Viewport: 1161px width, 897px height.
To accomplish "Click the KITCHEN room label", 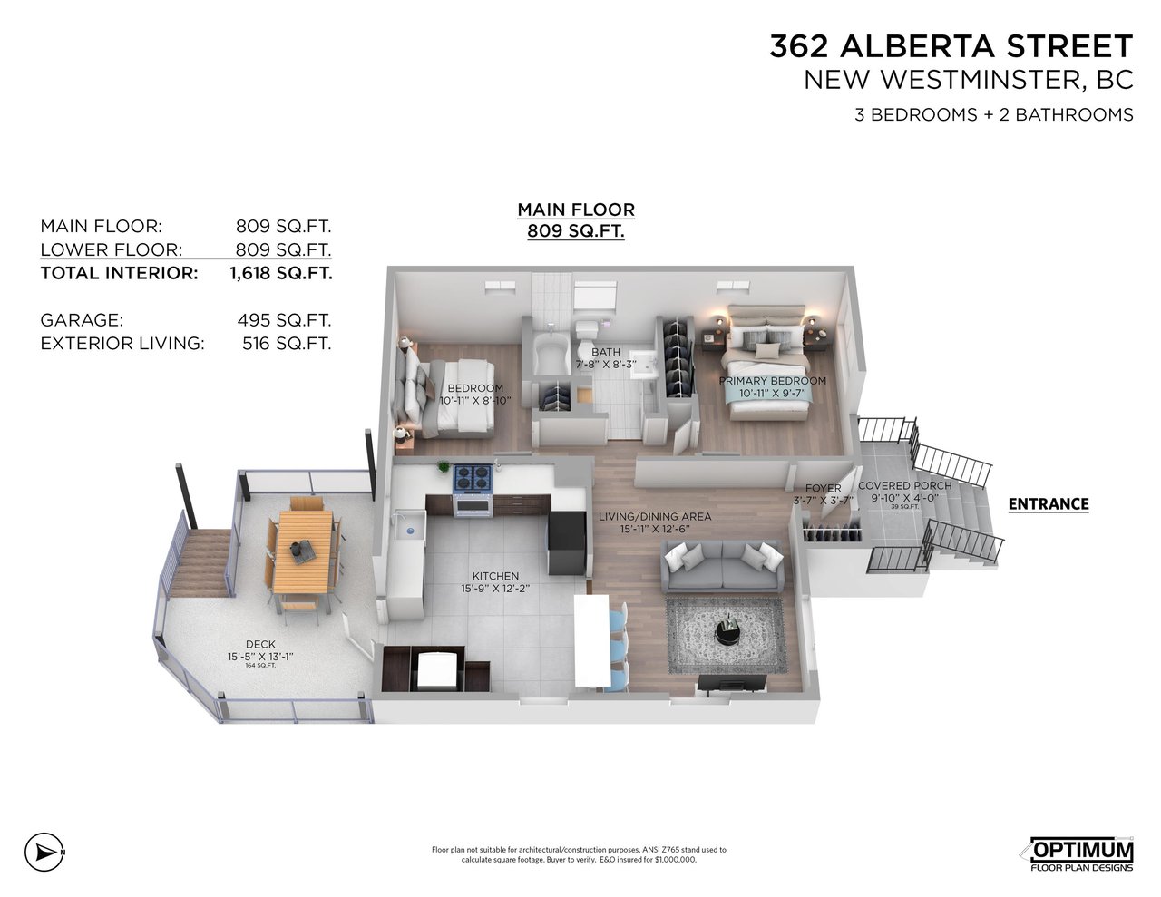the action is (x=495, y=576).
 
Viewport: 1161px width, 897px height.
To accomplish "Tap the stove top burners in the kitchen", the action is (x=473, y=478).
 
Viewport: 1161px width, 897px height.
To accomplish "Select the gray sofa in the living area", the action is (x=722, y=565).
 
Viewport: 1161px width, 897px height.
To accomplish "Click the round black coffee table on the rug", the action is (x=727, y=632).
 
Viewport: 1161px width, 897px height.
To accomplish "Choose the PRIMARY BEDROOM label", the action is (x=772, y=381).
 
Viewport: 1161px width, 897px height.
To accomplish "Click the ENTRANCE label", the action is (x=1049, y=503).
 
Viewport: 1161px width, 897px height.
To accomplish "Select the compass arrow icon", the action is (x=44, y=853).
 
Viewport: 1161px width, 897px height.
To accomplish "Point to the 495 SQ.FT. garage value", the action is (x=284, y=320).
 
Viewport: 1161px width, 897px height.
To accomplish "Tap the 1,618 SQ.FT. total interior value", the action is (x=281, y=273).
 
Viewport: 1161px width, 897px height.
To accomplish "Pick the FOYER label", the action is (x=823, y=488).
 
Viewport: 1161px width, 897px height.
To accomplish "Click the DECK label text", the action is (x=260, y=645).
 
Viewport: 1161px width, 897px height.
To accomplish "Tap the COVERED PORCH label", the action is (x=905, y=485).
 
